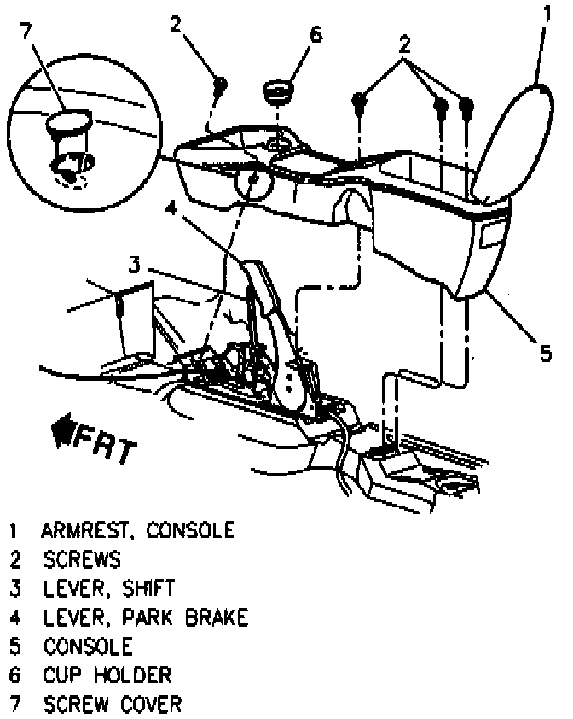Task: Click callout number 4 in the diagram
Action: point(171,208)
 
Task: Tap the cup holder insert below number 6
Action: point(277,91)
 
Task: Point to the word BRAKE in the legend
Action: point(217,617)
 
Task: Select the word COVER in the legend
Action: point(148,704)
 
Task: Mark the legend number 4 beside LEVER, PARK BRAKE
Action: point(14,617)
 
